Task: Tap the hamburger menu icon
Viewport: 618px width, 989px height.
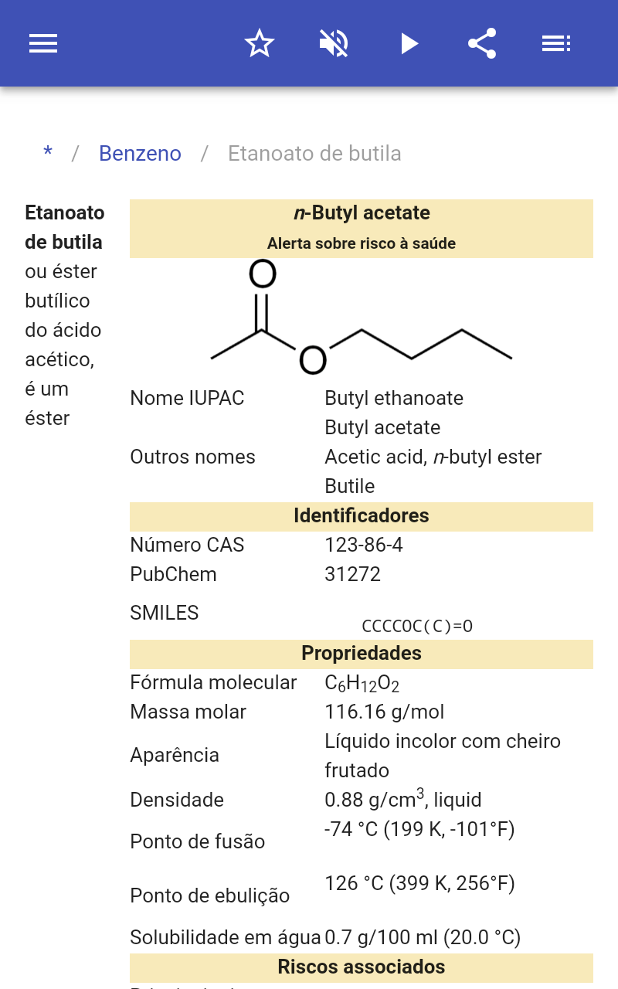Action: point(43,43)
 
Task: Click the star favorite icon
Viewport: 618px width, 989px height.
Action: point(260,43)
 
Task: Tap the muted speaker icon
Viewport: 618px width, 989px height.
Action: point(334,43)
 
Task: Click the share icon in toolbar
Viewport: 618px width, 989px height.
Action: point(482,43)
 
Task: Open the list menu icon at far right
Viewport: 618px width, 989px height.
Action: point(556,43)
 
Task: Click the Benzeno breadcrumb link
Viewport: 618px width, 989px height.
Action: point(140,154)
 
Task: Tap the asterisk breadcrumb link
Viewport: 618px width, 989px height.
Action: point(48,152)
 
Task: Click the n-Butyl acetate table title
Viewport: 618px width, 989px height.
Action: point(362,212)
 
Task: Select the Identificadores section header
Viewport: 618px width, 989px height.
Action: point(361,515)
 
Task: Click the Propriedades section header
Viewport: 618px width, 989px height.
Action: point(361,653)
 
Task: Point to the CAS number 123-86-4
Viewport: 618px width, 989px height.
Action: point(364,545)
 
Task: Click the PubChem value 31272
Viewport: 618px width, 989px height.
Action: point(353,574)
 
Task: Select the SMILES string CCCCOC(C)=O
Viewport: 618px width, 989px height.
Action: point(417,626)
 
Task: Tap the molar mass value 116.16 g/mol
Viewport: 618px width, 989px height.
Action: point(385,712)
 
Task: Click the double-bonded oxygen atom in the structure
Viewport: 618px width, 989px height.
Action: point(263,274)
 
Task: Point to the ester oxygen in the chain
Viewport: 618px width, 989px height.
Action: point(313,360)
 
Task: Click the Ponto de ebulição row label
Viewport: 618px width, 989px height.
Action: point(209,896)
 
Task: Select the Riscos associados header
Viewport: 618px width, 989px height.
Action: point(361,967)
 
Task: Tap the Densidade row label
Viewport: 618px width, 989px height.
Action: point(177,800)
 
